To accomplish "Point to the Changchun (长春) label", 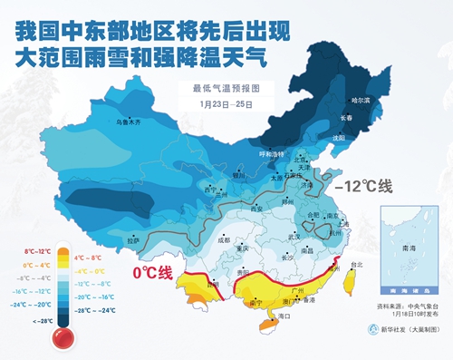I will coord(346,118).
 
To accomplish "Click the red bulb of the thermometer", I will coord(63,338).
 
